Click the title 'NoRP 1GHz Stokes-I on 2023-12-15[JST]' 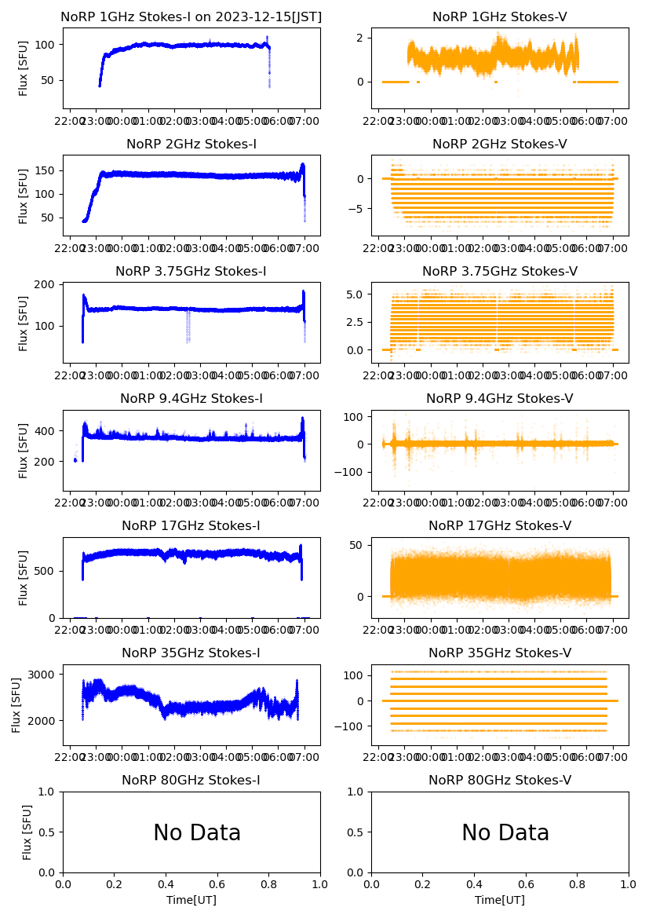[191, 16]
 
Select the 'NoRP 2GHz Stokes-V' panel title [500, 144]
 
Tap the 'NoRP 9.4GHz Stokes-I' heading [191, 398]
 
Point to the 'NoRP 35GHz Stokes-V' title [500, 653]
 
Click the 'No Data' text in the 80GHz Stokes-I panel [197, 832]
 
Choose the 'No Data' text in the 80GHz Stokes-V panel [505, 832]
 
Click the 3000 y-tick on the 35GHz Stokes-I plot [41, 675]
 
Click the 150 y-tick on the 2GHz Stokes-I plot [44, 170]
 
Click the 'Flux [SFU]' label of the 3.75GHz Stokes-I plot [24, 323]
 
